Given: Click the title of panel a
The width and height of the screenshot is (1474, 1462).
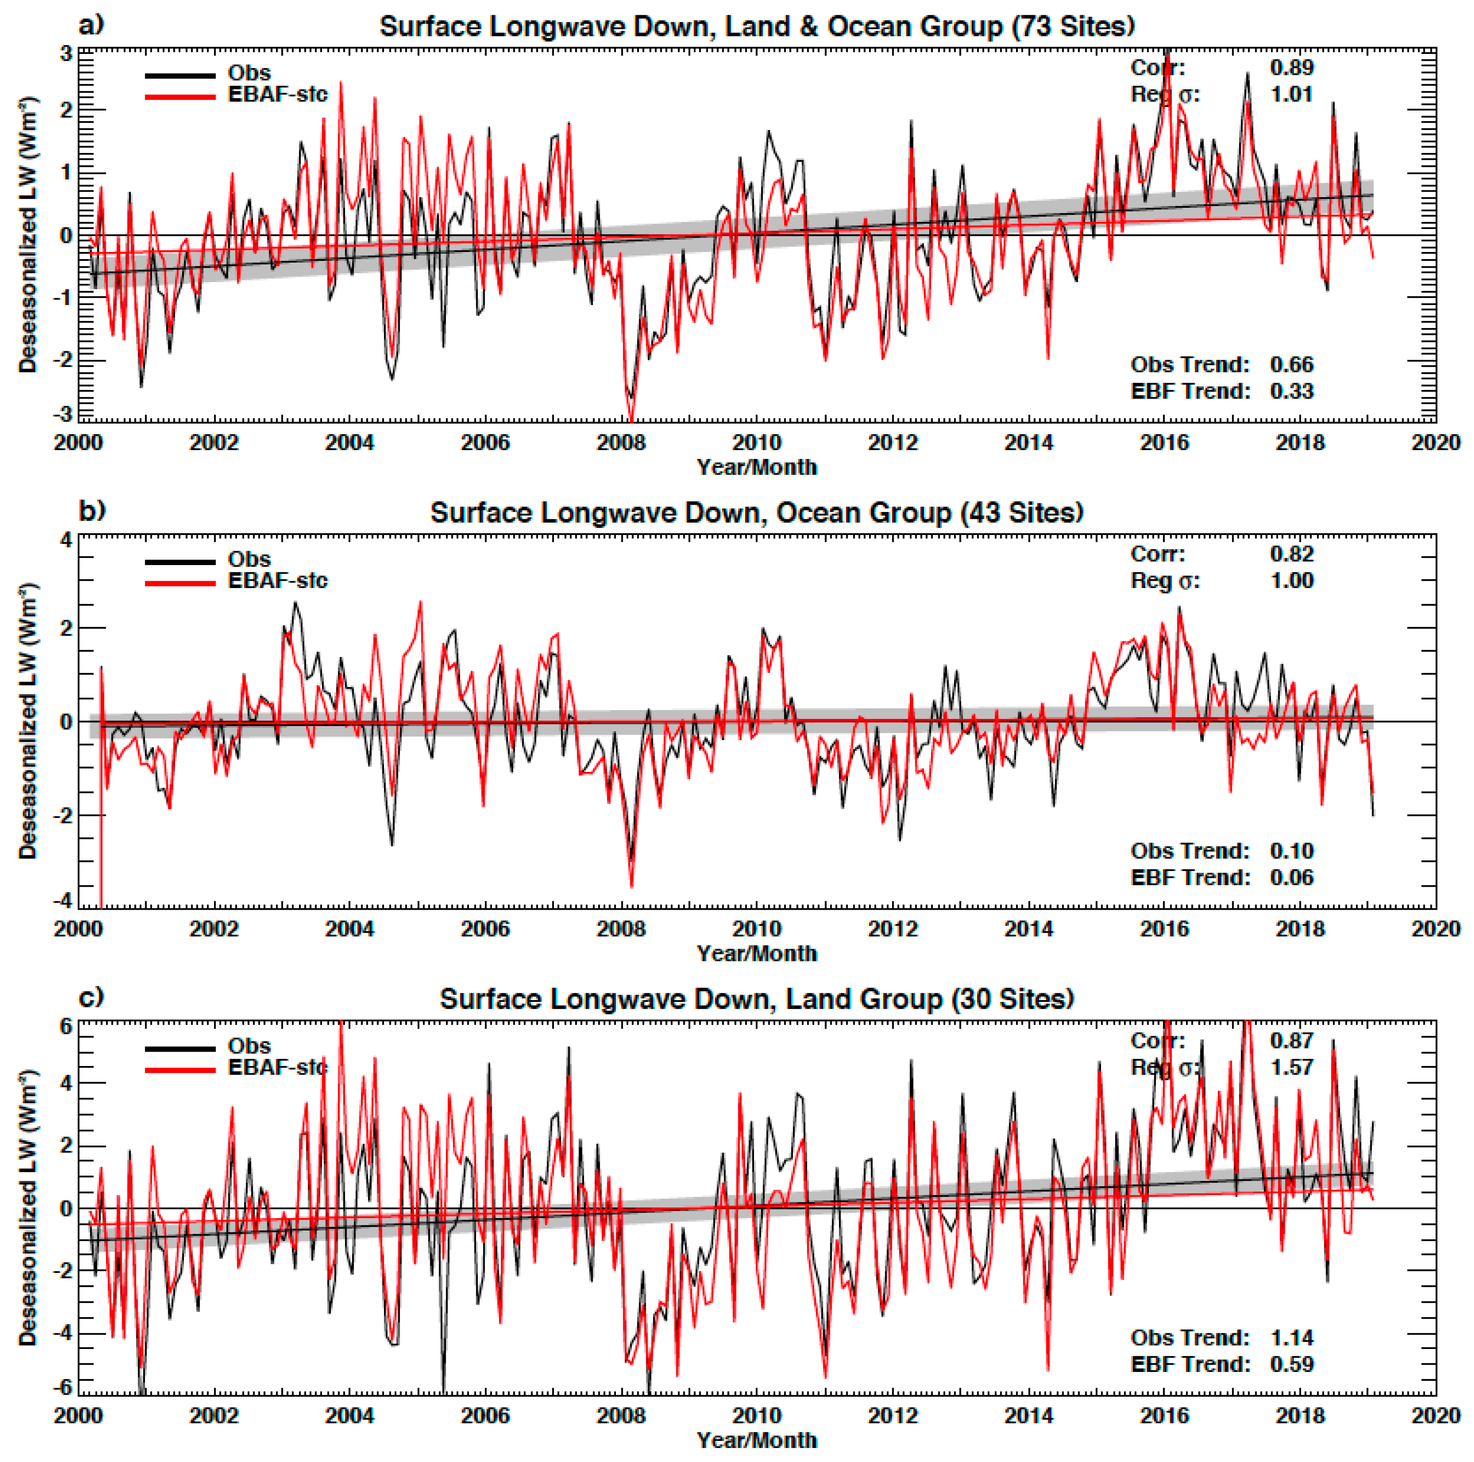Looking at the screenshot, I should click(x=757, y=27).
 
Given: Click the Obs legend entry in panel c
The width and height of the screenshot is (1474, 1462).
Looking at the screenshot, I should click(x=249, y=1045).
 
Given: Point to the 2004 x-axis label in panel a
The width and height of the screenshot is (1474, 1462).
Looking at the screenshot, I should click(x=350, y=443).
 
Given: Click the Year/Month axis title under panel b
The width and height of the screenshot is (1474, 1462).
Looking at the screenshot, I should click(x=757, y=953).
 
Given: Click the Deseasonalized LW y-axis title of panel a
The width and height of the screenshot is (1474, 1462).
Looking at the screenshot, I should click(x=28, y=235).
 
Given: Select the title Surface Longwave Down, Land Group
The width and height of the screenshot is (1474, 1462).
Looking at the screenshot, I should click(x=757, y=999).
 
